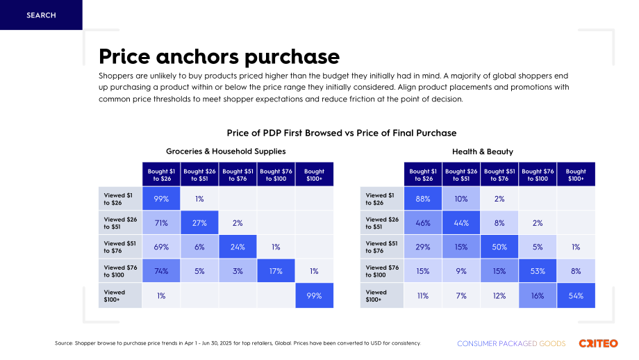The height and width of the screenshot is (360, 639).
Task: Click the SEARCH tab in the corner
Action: point(41,15)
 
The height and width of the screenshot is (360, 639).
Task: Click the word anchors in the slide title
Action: point(198,56)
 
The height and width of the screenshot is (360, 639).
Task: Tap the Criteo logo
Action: point(598,343)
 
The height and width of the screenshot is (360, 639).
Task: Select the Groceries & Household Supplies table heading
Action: point(226,152)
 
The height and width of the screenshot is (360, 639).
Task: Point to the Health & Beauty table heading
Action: point(483,152)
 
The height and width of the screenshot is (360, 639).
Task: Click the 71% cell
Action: point(161,222)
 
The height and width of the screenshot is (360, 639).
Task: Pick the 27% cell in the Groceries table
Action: point(200,222)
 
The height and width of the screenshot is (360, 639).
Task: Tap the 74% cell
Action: point(161,271)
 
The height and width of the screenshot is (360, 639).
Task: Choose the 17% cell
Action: point(276,271)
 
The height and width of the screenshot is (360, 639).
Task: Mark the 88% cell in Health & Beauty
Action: point(423,199)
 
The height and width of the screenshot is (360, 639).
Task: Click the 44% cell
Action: point(461,222)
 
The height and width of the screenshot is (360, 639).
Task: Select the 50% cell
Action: point(499,247)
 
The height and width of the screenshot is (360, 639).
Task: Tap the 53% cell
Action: point(538,271)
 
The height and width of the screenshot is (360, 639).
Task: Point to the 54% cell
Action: point(576,295)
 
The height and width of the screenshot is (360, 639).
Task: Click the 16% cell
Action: point(538,295)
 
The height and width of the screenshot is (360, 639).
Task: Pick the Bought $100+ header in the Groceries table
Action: point(314,174)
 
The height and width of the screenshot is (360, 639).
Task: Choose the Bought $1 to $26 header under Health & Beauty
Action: point(423,174)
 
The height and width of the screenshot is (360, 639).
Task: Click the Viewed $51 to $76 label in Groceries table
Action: point(120,247)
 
